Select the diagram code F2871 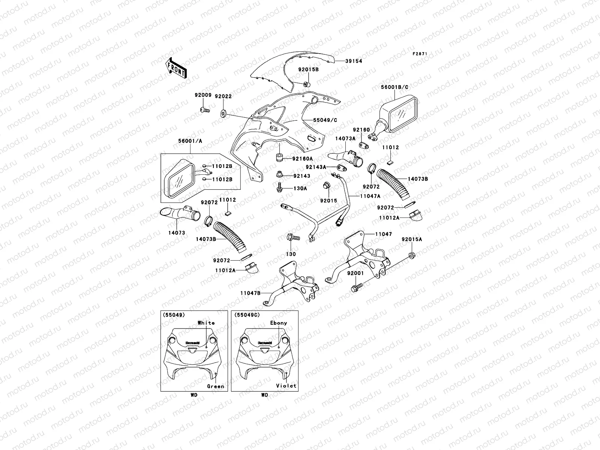pos(420,54)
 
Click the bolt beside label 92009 pos(204,110)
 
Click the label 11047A pos(370,196)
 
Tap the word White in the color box pos(206,322)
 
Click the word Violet pos(286,385)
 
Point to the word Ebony pos(278,322)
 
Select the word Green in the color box pos(216,386)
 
